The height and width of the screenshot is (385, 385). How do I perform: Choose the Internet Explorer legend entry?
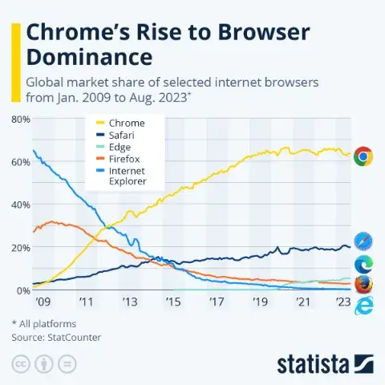(128, 176)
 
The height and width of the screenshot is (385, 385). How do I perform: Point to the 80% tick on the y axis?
(20, 119)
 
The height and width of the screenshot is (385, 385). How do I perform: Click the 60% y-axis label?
(20, 161)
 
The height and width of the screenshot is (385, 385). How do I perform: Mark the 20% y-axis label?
(20, 247)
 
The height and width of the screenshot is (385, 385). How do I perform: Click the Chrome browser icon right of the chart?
(363, 156)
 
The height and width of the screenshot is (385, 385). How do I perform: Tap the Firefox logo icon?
(363, 284)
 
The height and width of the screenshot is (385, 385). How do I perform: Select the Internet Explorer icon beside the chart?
(363, 305)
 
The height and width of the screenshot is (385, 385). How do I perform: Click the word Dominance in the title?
(89, 57)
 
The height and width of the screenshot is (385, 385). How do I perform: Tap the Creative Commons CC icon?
(20, 364)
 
